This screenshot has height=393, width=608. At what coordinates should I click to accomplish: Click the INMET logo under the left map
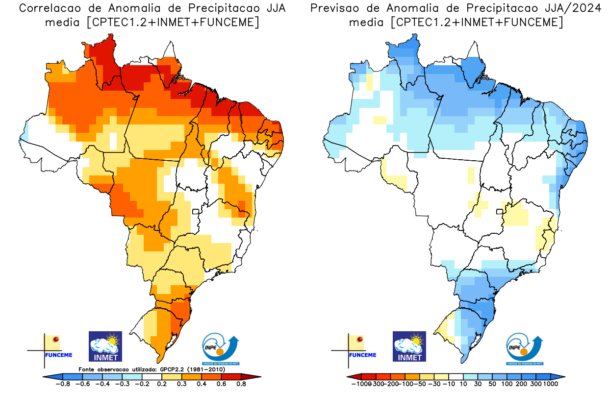[105, 346]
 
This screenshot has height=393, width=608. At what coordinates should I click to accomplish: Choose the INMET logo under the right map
[409, 346]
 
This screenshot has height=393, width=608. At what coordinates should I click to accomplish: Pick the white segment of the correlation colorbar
[152, 377]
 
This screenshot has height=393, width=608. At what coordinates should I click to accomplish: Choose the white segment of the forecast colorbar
[456, 377]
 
